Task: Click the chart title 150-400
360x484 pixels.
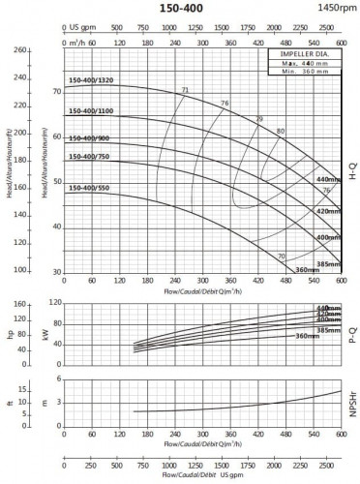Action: pyautogui.click(x=179, y=7)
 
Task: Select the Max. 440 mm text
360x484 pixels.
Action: pyautogui.click(x=304, y=64)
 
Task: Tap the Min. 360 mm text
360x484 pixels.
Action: pyautogui.click(x=304, y=73)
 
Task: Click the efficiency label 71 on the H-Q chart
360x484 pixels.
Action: pyautogui.click(x=185, y=90)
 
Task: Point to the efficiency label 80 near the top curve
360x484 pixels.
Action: pyautogui.click(x=281, y=131)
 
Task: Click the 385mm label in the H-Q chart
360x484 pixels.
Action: pyautogui.click(x=329, y=263)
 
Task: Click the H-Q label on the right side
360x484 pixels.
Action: pyautogui.click(x=352, y=168)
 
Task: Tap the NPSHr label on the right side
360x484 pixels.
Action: pyautogui.click(x=352, y=407)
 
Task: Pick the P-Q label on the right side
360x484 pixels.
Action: pyautogui.click(x=352, y=329)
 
